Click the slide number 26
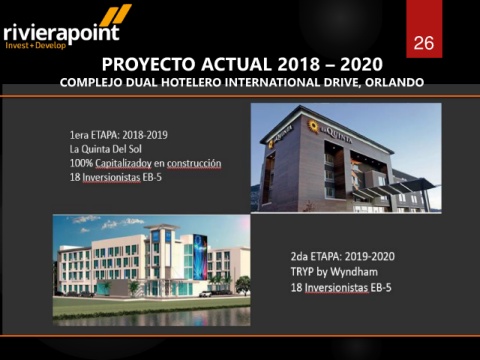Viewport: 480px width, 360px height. click(424, 43)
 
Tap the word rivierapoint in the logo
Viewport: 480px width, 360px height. click(62, 33)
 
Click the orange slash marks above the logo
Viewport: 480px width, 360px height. click(116, 15)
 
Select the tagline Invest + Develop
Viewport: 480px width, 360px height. click(36, 45)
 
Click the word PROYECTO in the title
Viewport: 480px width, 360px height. click(148, 64)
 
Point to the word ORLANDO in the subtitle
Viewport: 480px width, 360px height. click(394, 82)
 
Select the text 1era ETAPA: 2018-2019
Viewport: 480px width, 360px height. click(119, 135)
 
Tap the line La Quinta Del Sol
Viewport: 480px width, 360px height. click(106, 149)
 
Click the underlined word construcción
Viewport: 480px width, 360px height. click(194, 163)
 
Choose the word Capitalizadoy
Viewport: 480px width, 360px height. click(123, 164)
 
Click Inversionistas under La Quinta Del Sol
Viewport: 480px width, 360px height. click(111, 178)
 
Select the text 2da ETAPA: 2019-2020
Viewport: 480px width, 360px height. click(343, 256)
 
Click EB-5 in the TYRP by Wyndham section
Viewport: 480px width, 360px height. click(381, 287)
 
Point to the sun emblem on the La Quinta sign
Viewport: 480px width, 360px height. click(313, 126)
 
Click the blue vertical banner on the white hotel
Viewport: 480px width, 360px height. click(200, 257)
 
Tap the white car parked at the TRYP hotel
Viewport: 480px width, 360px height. click(205, 294)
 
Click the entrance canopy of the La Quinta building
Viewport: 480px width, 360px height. click(397, 188)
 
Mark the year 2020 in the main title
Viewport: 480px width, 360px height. click(361, 64)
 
